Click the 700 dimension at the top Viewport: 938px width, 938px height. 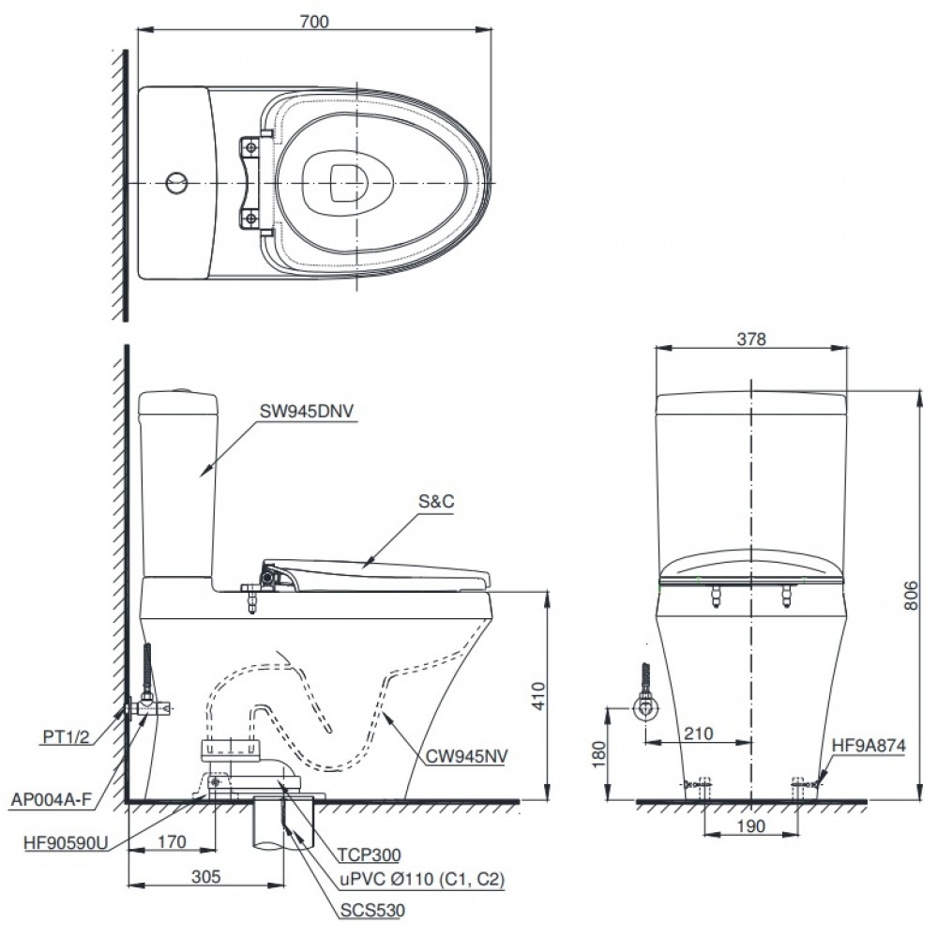(315, 22)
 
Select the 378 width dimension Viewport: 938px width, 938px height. (751, 340)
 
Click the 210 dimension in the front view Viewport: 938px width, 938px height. (699, 733)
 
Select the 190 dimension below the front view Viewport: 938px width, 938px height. (749, 826)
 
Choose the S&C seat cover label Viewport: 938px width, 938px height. (437, 503)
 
